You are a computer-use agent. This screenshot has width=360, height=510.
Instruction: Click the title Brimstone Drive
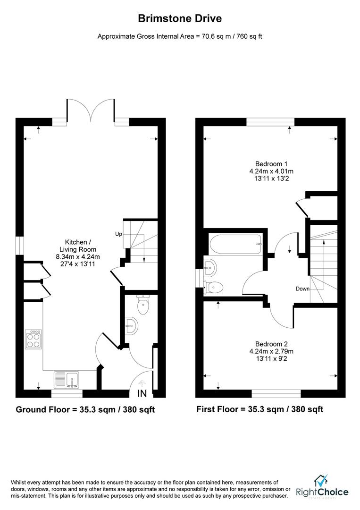click(179, 18)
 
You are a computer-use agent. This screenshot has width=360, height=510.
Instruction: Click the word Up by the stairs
click(118, 234)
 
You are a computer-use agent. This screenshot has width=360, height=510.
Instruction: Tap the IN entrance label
click(142, 393)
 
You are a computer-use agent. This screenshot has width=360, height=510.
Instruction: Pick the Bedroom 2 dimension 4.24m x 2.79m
click(271, 351)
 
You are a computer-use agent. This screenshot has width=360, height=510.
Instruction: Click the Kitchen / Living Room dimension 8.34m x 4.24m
click(77, 256)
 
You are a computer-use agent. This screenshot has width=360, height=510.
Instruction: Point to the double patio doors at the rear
click(91, 111)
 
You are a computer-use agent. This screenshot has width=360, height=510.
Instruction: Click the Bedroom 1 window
click(270, 122)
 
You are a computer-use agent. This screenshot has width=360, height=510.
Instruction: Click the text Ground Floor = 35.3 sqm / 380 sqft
click(85, 409)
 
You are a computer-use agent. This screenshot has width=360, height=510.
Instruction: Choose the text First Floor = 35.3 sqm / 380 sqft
click(260, 409)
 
